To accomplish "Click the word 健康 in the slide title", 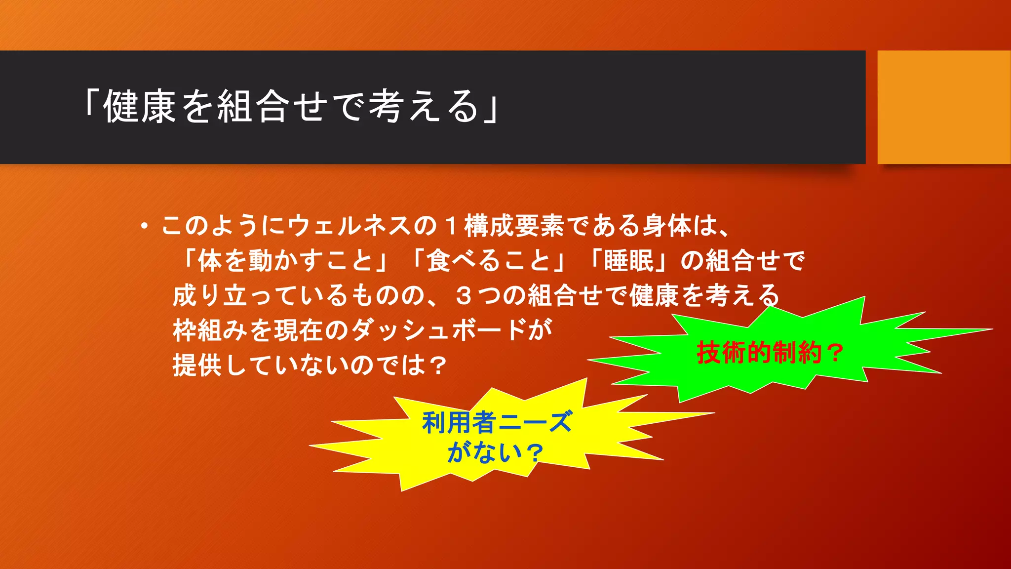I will click(139, 107).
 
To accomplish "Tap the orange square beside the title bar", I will click(944, 107).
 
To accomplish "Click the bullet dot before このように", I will click(144, 227).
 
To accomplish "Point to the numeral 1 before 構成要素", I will click(450, 226).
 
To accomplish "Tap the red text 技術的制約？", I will click(770, 353).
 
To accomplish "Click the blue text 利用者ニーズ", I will click(497, 423).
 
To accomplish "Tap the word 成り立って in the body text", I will click(222, 295).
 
